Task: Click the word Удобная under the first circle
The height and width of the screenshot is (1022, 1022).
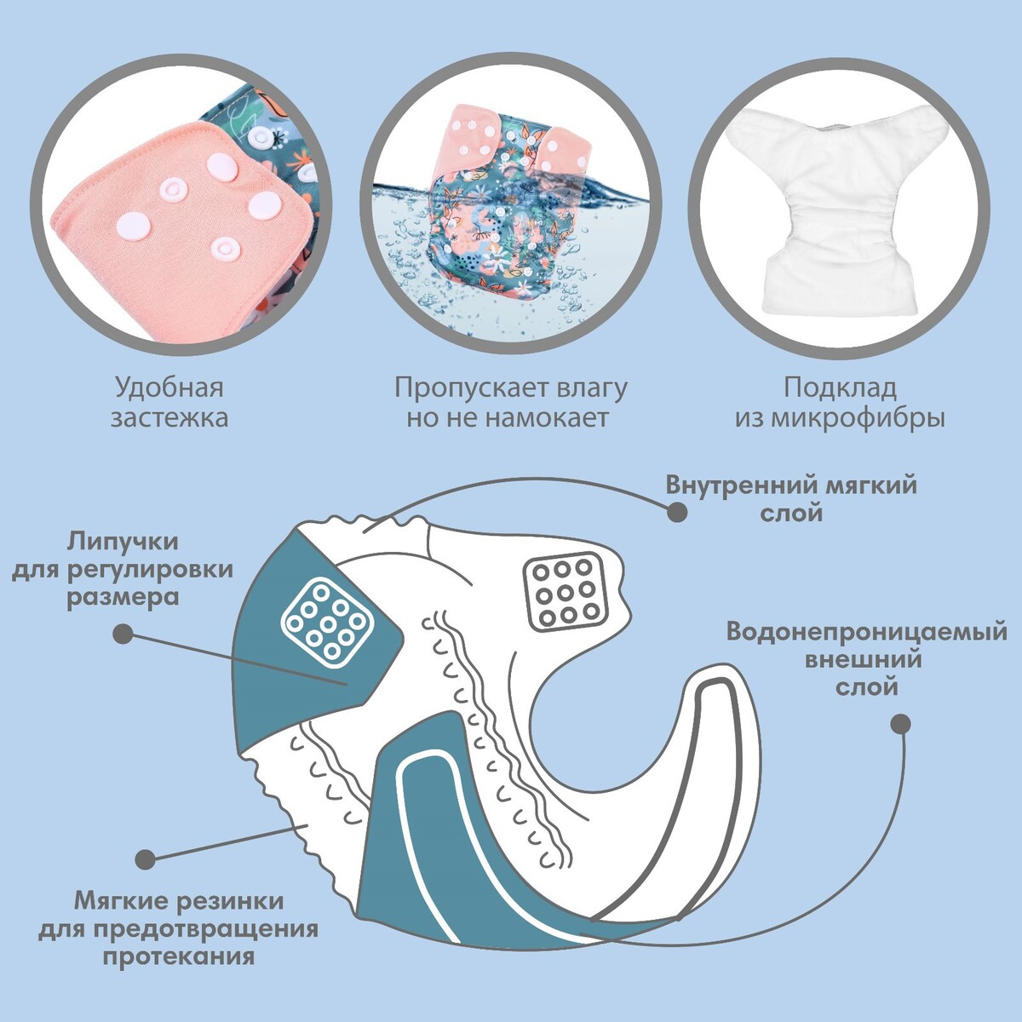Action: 169,388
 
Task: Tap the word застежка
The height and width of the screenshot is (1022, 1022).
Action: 169,418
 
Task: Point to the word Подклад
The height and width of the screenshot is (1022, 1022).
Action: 840,388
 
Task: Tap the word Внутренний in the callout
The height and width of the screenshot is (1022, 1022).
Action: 732,486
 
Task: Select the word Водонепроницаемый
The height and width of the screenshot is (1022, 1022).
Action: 867,632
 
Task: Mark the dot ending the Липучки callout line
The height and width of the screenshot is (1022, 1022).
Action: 123,634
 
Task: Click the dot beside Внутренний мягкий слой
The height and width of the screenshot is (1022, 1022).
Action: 677,511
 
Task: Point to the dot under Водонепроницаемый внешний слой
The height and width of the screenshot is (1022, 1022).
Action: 900,725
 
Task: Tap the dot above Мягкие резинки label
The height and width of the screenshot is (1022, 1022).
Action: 146,858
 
